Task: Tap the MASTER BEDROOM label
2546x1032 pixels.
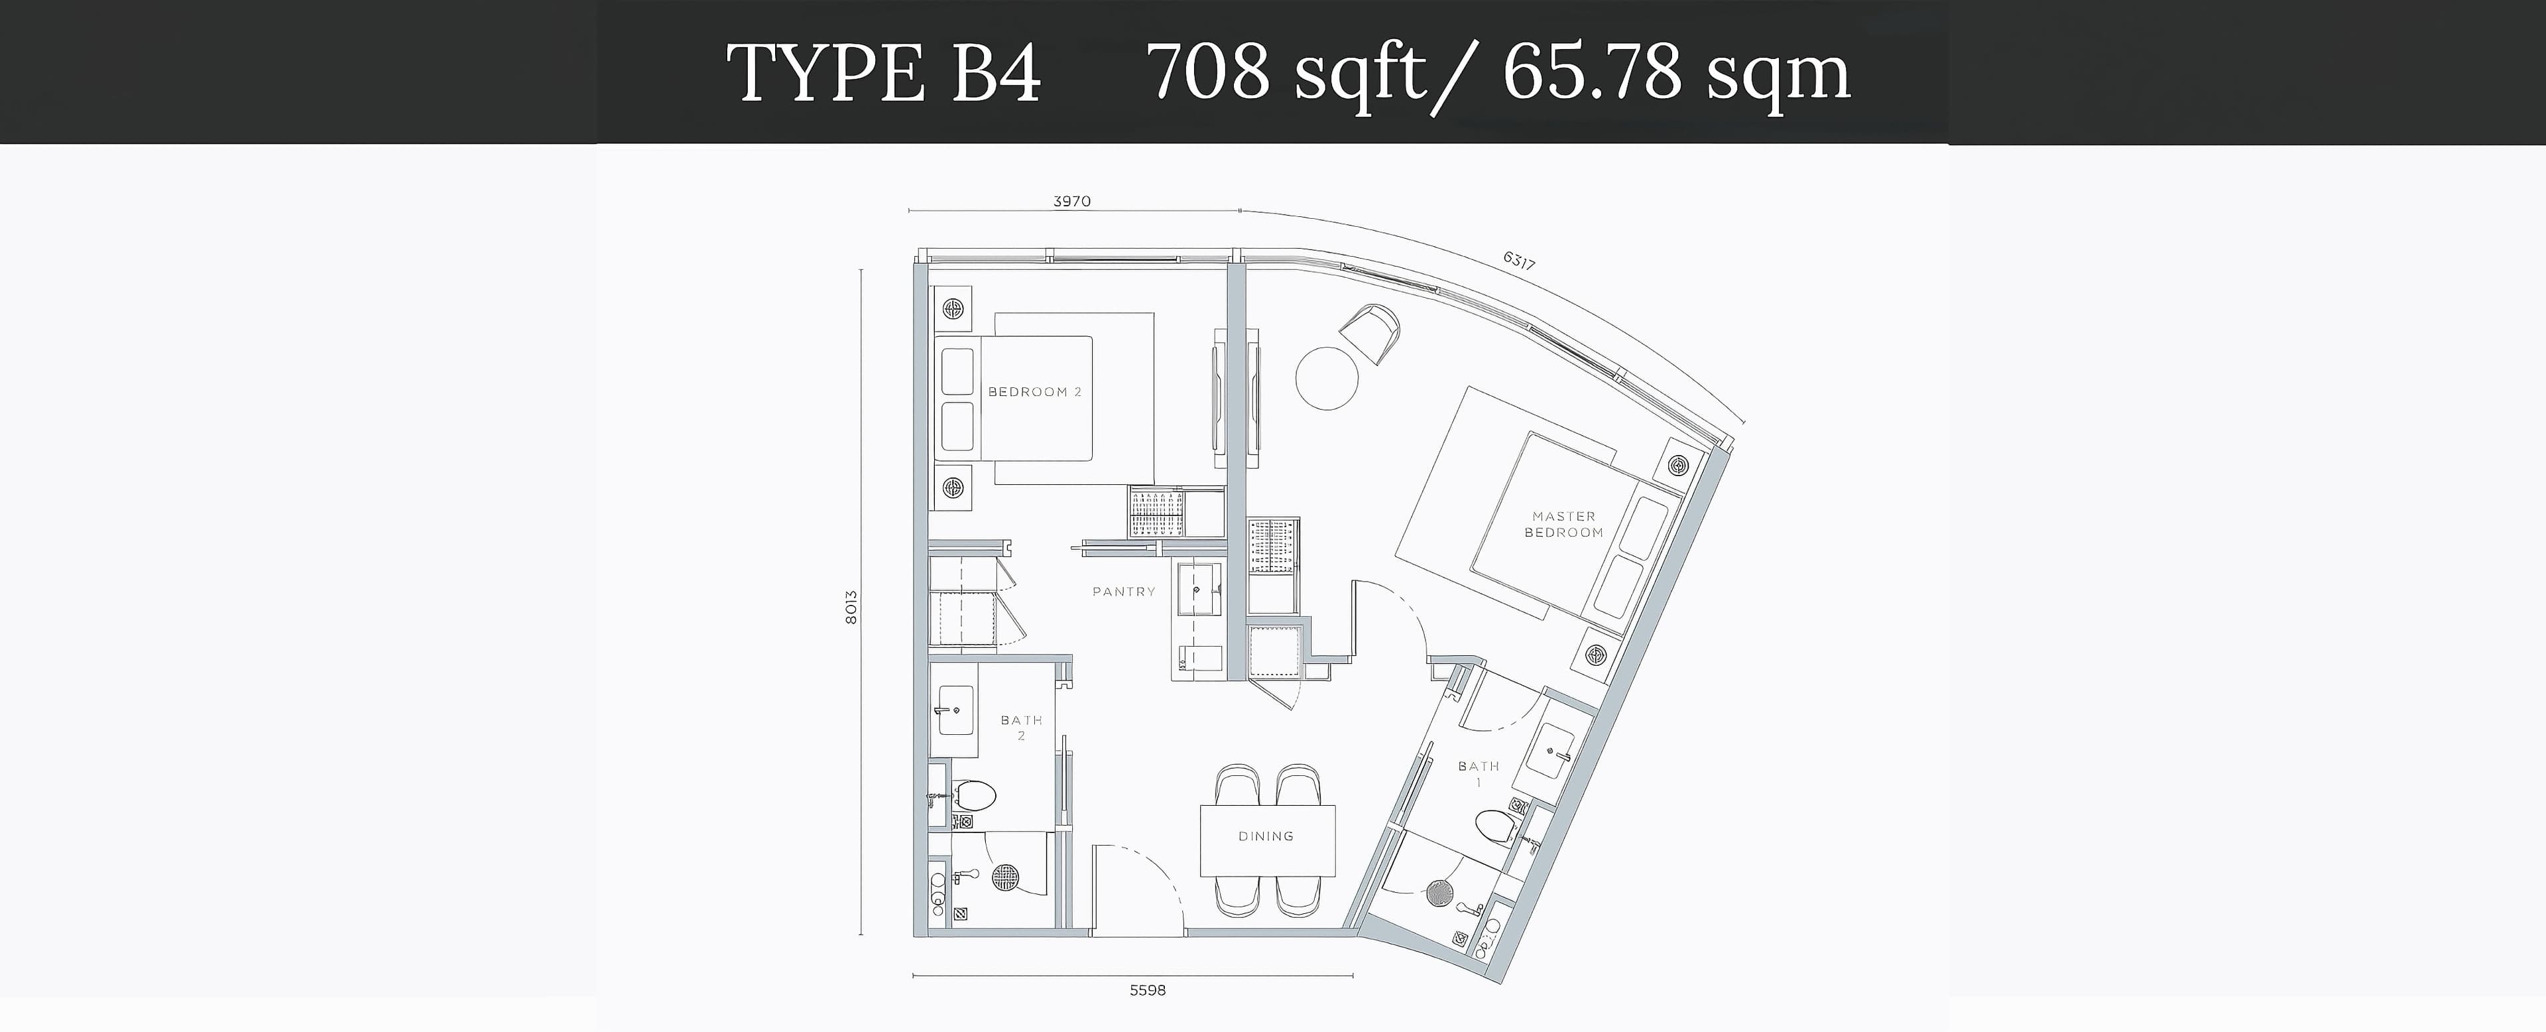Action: (x=1563, y=524)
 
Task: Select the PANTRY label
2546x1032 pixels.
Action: (x=1124, y=591)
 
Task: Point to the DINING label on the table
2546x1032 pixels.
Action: (x=1266, y=836)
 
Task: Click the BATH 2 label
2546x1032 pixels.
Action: (x=1021, y=728)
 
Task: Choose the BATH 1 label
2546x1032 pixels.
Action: (x=1479, y=774)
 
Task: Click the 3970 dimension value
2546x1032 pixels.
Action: (x=1071, y=202)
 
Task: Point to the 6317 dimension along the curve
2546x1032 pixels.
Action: (x=1518, y=261)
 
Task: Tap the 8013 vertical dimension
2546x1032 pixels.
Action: (x=851, y=607)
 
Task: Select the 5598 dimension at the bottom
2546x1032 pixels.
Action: (x=1148, y=990)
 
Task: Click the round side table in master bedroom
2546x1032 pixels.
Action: (x=1326, y=377)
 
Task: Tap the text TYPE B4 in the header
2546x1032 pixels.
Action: (x=884, y=73)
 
